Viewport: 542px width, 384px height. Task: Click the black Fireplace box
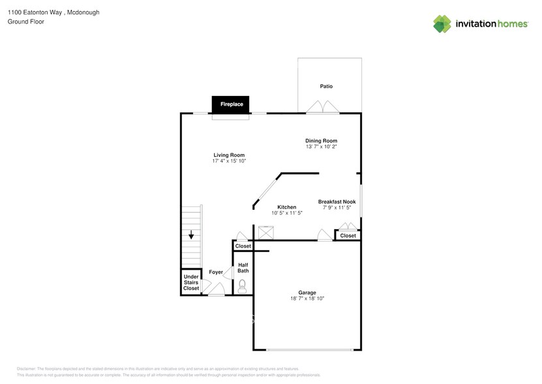[x=231, y=104]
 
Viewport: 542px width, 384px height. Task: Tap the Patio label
[x=326, y=86]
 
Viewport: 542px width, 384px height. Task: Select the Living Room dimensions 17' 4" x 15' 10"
[x=229, y=161]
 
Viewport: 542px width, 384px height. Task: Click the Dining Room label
[x=321, y=140]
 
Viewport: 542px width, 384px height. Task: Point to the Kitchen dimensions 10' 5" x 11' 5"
[x=287, y=213]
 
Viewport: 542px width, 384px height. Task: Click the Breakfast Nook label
[x=337, y=202]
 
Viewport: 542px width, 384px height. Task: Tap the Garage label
[x=307, y=292]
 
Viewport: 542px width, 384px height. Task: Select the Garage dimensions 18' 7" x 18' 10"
[x=307, y=298]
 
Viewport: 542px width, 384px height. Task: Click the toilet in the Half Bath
[x=243, y=285]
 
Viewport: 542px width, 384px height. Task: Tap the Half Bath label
[x=243, y=268]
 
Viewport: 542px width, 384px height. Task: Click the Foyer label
[x=216, y=272]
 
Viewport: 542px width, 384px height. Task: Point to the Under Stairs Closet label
[x=191, y=282]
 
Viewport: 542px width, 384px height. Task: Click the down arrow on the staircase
[x=191, y=235]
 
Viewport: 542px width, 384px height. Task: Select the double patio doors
[x=323, y=108]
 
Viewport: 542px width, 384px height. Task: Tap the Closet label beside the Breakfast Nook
[x=348, y=236]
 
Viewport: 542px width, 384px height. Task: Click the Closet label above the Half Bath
[x=243, y=246]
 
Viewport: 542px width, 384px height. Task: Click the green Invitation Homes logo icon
[x=442, y=24]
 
